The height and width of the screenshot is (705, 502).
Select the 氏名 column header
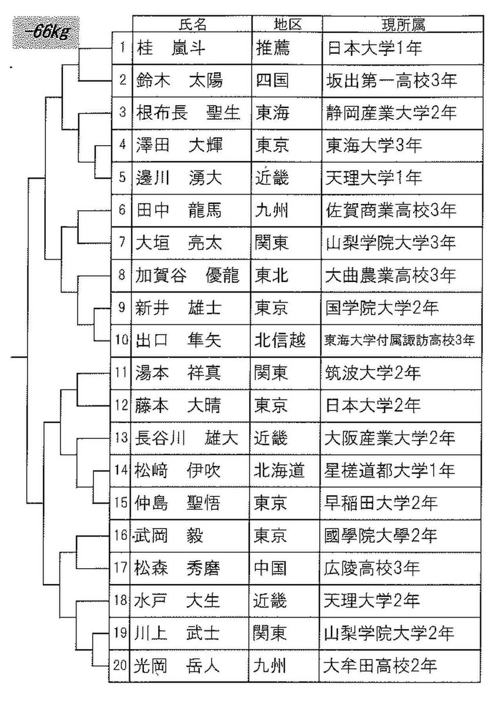192,24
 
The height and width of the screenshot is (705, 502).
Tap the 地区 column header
287,24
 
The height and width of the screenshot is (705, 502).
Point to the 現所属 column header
403,24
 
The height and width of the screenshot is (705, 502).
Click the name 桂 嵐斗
171,48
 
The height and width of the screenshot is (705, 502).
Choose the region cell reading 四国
272,80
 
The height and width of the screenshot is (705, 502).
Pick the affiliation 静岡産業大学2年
391,113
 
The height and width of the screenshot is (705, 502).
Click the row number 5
122,177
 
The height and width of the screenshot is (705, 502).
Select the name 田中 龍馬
179,210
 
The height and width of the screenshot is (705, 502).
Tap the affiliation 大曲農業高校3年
390,276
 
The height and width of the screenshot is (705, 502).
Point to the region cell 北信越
280,340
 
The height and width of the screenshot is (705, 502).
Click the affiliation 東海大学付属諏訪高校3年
399,340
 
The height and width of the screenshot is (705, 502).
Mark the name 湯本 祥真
178,373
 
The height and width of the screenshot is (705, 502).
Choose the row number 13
121,438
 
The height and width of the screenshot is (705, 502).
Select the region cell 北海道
279,471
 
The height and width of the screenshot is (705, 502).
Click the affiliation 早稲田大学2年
381,503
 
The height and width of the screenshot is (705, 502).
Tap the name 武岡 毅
168,536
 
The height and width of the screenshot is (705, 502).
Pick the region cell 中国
270,569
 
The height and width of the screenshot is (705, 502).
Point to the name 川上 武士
176,633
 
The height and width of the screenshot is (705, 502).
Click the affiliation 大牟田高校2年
380,666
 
